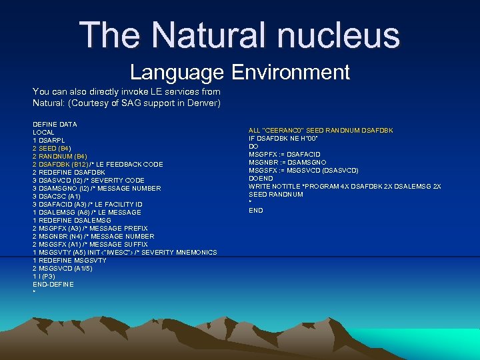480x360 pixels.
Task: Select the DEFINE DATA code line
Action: coord(55,124)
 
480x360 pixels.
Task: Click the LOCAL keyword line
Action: coord(44,132)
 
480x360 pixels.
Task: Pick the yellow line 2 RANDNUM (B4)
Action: coord(59,156)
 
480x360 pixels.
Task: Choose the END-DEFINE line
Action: coord(53,284)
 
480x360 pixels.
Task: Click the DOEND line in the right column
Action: coord(261,178)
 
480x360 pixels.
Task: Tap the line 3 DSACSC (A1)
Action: coord(57,196)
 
